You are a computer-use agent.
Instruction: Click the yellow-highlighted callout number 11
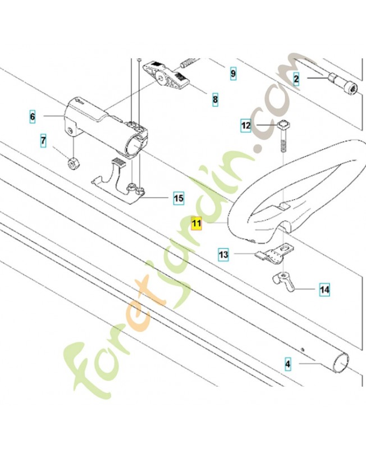pos(196,223)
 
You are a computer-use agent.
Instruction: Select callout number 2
pos(296,79)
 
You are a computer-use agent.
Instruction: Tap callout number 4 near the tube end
pos(287,364)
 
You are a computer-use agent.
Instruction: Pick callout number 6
pos(33,117)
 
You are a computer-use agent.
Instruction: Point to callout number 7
pos(43,141)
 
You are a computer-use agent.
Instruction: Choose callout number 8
pos(215,100)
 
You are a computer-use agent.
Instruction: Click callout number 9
pos(233,74)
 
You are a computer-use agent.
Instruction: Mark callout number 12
pos(246,125)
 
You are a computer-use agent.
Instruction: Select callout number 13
pos(223,254)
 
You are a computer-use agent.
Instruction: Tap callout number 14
pos(325,290)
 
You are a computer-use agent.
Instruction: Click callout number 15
pos(179,198)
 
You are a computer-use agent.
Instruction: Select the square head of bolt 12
pos(283,125)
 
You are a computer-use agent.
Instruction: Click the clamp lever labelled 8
pos(166,75)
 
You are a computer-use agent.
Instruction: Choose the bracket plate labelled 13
pos(275,253)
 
